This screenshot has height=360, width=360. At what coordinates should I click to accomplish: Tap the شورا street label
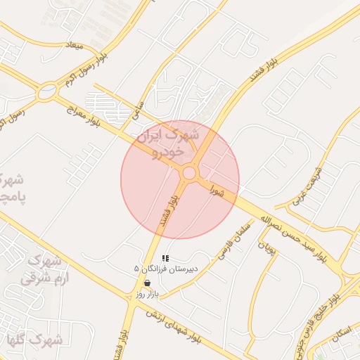point(219,191)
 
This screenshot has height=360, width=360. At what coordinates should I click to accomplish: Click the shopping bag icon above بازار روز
point(147,283)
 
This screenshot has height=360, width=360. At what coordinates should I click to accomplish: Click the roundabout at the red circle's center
point(188,173)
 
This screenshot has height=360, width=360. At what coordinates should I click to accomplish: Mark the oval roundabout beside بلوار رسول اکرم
point(47,90)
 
